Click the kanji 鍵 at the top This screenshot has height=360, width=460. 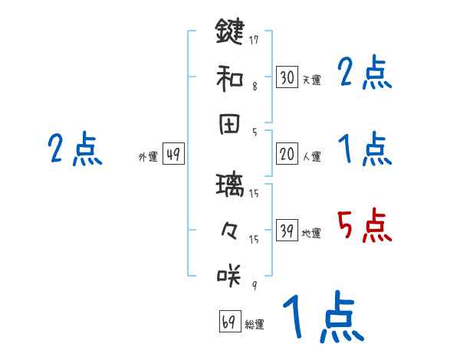(230, 32)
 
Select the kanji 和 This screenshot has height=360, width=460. (230, 77)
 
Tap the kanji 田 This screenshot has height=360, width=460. (230, 123)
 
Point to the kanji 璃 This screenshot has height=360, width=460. (230, 184)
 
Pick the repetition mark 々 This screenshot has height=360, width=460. (230, 229)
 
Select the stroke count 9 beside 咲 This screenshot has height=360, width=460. (254, 286)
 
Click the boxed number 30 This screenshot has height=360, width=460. (287, 77)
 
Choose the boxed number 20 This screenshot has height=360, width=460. (287, 154)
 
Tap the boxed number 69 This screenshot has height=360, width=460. (229, 321)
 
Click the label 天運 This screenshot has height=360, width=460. (311, 80)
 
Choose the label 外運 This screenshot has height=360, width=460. (147, 157)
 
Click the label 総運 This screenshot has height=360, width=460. (254, 325)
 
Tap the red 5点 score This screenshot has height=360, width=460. (364, 225)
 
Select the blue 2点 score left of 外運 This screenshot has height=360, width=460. (74, 149)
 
